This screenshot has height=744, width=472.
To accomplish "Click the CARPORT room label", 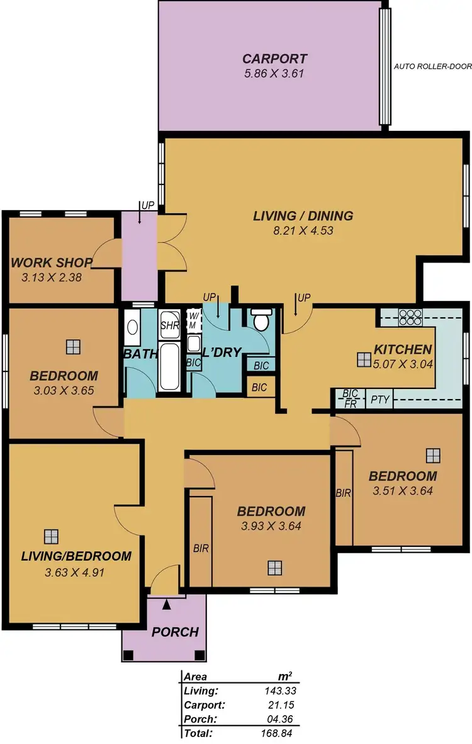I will coord(275,59).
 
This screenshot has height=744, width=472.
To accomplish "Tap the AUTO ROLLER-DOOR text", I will coord(431,65).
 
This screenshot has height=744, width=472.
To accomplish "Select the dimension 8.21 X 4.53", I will coord(303,230).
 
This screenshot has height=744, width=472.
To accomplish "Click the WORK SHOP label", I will coord(52,262).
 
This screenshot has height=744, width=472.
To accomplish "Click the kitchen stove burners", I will coord(411,317).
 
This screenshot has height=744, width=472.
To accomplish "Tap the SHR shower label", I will coord(170,325).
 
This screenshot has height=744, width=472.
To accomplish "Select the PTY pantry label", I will coord(379,399).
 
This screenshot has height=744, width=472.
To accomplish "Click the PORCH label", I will coord(175,632).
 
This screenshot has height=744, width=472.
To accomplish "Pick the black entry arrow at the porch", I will coord(166,605).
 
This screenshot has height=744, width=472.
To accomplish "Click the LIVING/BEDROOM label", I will coord(76,556).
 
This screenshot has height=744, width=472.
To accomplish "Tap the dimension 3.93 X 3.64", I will coord(271,526).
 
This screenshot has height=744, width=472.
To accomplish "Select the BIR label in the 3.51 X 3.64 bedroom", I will coord(343,493).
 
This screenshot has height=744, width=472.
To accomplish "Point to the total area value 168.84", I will coord(278,733).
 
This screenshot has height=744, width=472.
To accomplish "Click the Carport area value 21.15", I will coord(280,704).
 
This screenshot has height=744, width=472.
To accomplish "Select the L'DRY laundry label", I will coord(222,352).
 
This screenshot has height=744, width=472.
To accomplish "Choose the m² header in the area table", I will coord(284,677).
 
